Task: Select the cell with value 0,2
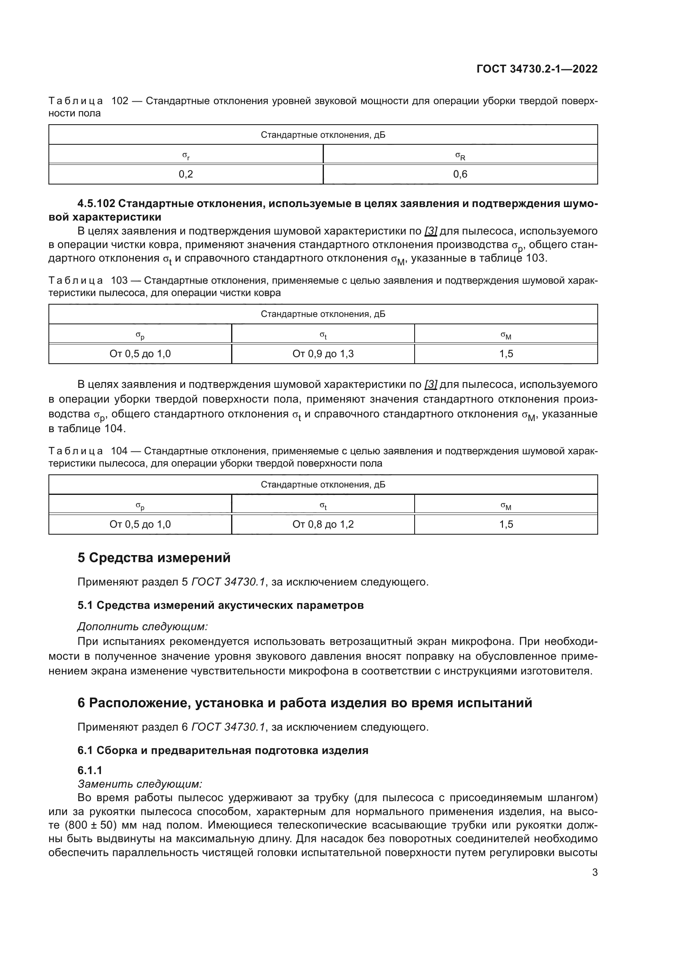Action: [186, 174]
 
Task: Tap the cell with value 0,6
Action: [460, 174]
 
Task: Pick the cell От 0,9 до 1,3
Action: [323, 354]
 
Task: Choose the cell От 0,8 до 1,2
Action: [323, 524]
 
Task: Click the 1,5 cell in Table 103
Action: [506, 354]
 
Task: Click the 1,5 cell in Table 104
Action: [506, 524]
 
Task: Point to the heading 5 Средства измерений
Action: [154, 558]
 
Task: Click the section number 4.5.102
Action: [96, 203]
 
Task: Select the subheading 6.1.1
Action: [90, 770]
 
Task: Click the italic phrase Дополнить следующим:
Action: [142, 626]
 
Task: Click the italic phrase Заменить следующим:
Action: [140, 784]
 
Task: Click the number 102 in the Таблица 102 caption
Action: [119, 101]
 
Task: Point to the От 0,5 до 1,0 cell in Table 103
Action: [140, 354]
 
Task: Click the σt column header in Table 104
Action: [323, 506]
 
